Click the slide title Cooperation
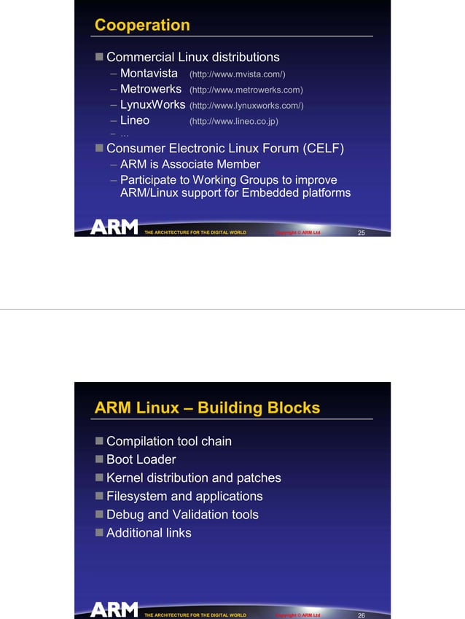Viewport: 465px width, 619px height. point(142,25)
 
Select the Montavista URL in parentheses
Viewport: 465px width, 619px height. point(237,74)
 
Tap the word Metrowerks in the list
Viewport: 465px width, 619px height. point(150,90)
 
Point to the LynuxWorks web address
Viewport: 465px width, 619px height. point(246,106)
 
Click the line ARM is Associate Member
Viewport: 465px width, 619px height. point(189,164)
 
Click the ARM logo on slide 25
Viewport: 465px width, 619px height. point(114,227)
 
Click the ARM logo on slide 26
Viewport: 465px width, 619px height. point(114,610)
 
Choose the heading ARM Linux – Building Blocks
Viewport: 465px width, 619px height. point(207,408)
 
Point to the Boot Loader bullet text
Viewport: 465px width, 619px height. point(141,459)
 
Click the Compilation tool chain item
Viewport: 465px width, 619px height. point(169,441)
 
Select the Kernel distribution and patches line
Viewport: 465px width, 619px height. point(193,478)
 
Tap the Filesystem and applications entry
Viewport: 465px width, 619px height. point(184,496)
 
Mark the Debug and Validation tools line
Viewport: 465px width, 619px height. point(182,514)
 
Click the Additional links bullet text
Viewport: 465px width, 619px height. point(149,532)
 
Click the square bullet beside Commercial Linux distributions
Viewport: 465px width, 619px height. point(99,57)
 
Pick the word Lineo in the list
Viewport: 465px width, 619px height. point(135,120)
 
